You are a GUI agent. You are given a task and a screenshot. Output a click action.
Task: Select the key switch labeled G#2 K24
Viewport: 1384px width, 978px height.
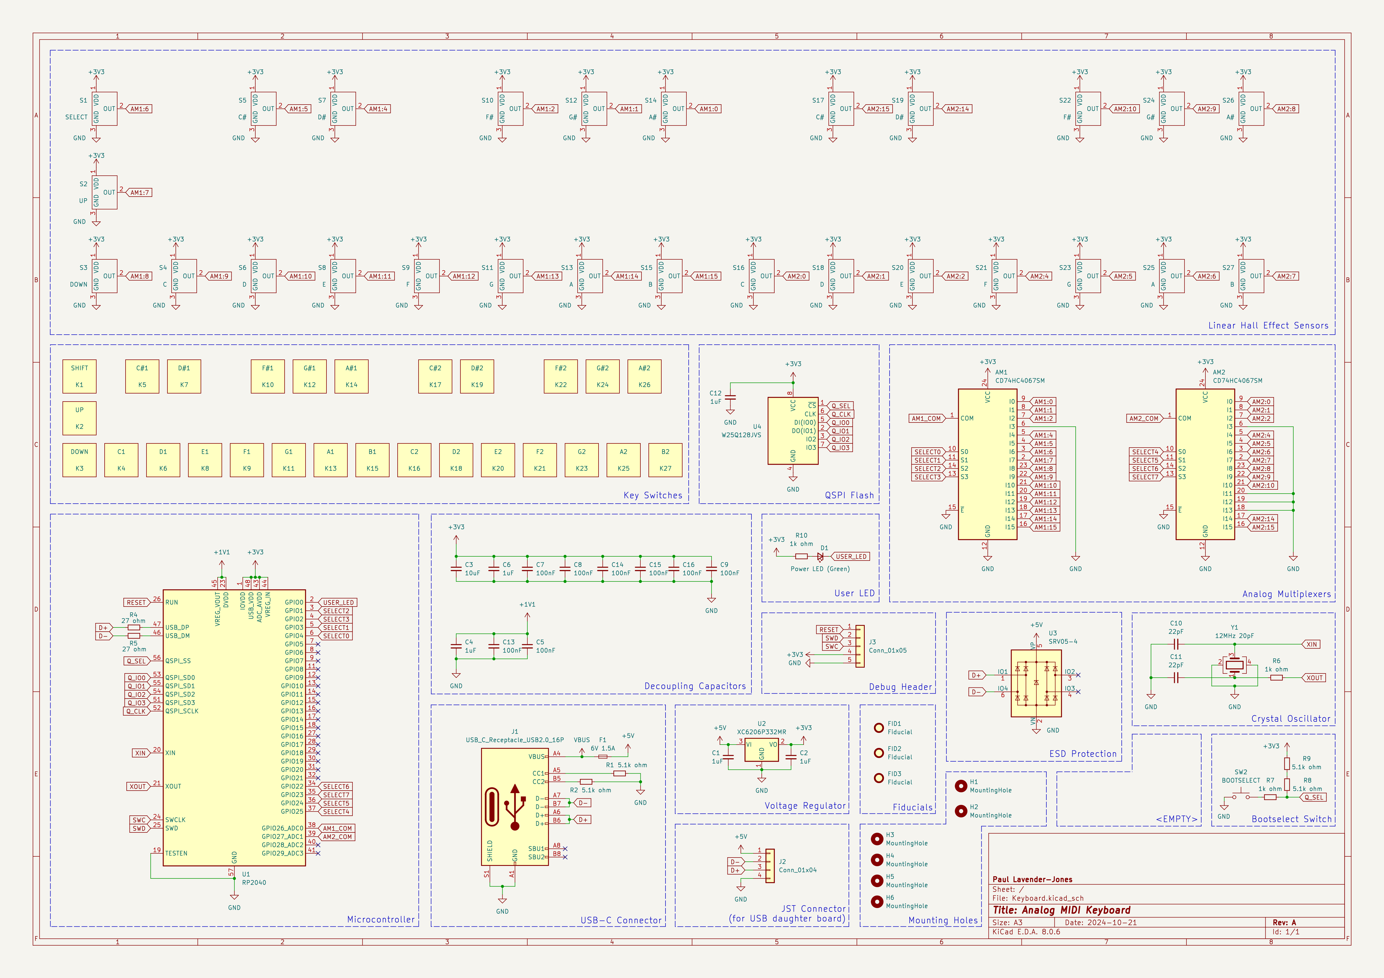coord(602,376)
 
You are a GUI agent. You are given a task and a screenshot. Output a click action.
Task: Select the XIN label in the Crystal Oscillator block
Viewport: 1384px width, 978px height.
coord(1312,644)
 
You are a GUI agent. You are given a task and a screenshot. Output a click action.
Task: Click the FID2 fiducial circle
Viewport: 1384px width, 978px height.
coord(879,753)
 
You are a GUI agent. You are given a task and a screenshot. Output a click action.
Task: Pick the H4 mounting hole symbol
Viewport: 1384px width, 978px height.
coord(877,859)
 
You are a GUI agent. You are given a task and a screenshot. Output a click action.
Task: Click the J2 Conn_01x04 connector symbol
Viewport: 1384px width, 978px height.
coord(770,866)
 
